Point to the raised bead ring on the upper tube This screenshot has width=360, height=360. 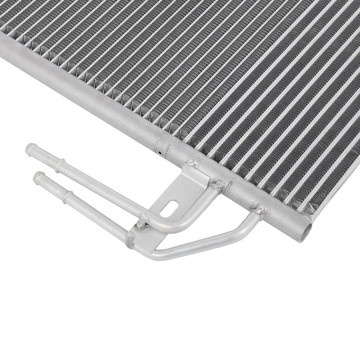pyautogui.click(x=60, y=165)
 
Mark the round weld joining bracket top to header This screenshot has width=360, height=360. pyautogui.click(x=192, y=162)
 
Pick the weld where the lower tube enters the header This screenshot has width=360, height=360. pyautogui.click(x=260, y=208)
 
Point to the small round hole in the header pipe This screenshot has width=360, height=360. pyautogui.click(x=159, y=153)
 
